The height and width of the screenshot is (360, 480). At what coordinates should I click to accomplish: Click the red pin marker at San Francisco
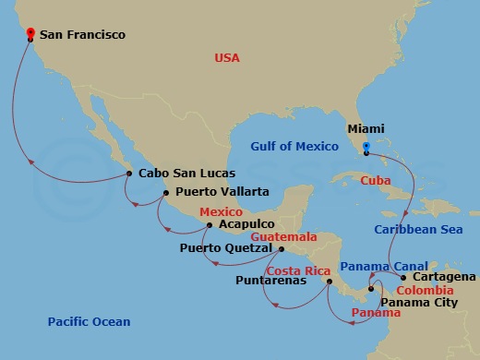click(x=31, y=35)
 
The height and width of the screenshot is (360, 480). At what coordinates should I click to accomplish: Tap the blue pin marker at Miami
click(x=366, y=147)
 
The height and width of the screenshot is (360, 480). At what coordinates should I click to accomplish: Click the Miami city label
click(x=366, y=130)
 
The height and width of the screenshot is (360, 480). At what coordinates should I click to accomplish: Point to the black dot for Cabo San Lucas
click(x=127, y=173)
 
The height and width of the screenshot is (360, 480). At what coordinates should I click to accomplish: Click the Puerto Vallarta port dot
click(x=165, y=193)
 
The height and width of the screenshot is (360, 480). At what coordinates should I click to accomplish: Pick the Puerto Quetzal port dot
click(x=282, y=248)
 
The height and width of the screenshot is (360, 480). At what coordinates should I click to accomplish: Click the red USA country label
click(x=226, y=58)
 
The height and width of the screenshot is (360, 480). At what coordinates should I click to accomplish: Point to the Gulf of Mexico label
click(x=296, y=144)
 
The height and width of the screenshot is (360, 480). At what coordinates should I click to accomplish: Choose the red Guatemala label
click(x=263, y=237)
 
